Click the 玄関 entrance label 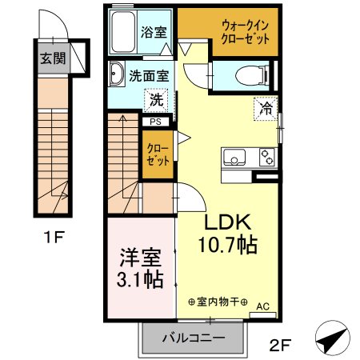pos(51,59)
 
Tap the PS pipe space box pos(155,122)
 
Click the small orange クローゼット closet pos(157,152)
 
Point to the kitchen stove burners pos(266,158)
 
